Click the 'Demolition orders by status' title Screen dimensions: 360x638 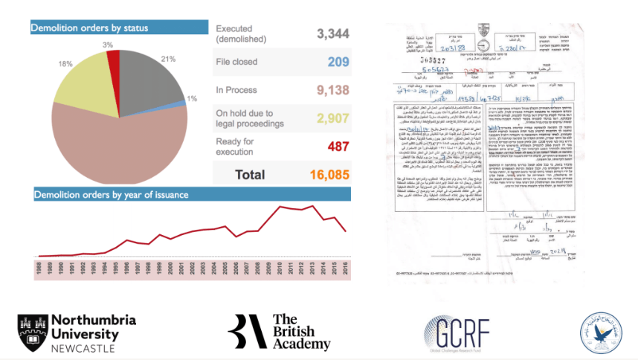tap(89, 28)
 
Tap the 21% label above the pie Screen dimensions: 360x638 tap(167, 59)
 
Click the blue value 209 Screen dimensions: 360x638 tap(338, 62)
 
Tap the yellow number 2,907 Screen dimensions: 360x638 tap(333, 118)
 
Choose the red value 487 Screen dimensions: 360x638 tap(338, 147)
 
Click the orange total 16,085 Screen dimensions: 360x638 tap(329, 175)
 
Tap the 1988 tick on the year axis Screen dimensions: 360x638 tap(39, 267)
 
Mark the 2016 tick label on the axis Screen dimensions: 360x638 tap(346, 267)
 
